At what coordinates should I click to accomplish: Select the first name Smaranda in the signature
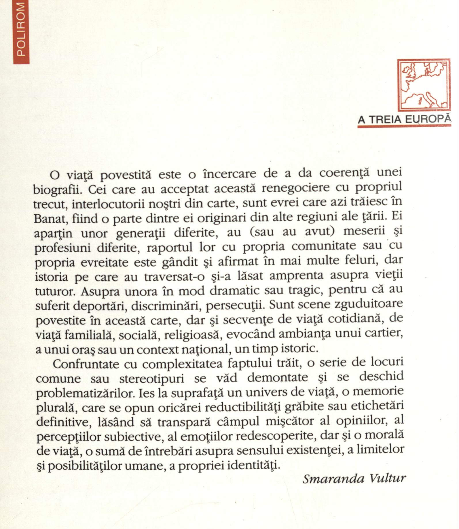[332, 479]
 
